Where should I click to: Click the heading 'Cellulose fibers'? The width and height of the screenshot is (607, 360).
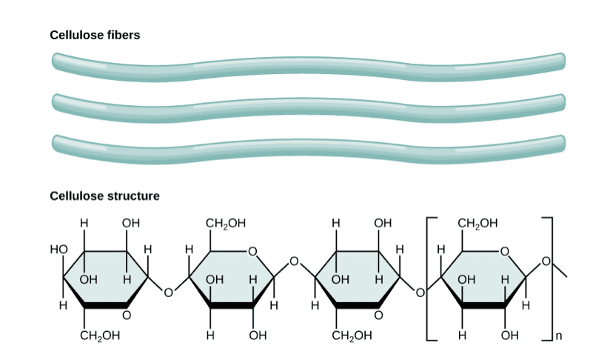pos(94,34)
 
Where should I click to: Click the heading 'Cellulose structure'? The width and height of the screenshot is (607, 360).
pos(104,196)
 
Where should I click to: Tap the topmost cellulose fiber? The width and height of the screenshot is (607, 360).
pos(308,64)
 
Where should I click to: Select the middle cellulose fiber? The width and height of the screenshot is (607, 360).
pos(308,103)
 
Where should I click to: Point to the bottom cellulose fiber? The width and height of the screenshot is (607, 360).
pos(308,143)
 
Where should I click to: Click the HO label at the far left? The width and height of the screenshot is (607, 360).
pos(58,249)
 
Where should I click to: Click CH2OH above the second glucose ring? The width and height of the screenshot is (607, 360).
pos(224,222)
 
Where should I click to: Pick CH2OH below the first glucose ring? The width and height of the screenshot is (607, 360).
pos(100,337)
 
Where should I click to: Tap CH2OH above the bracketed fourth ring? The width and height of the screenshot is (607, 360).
pos(477,222)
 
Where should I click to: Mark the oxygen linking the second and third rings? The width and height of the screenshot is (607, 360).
pos(295,261)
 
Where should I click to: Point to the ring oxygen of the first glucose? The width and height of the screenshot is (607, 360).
pos(126,316)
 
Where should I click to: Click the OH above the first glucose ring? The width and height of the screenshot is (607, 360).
pos(130,222)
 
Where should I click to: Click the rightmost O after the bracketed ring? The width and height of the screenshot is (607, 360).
pos(547,261)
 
